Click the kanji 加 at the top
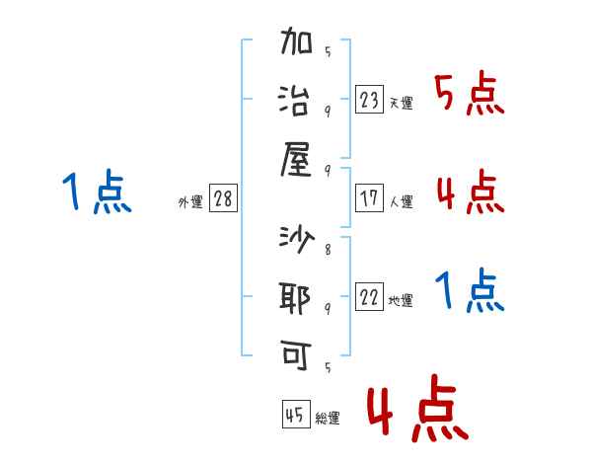tap(297, 45)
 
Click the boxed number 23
tap(369, 100)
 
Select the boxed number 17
tap(369, 198)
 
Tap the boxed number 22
tap(369, 298)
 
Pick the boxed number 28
tap(223, 198)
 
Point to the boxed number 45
tap(294, 416)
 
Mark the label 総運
tap(327, 419)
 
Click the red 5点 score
tap(469, 95)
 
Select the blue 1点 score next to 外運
tap(96, 193)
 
